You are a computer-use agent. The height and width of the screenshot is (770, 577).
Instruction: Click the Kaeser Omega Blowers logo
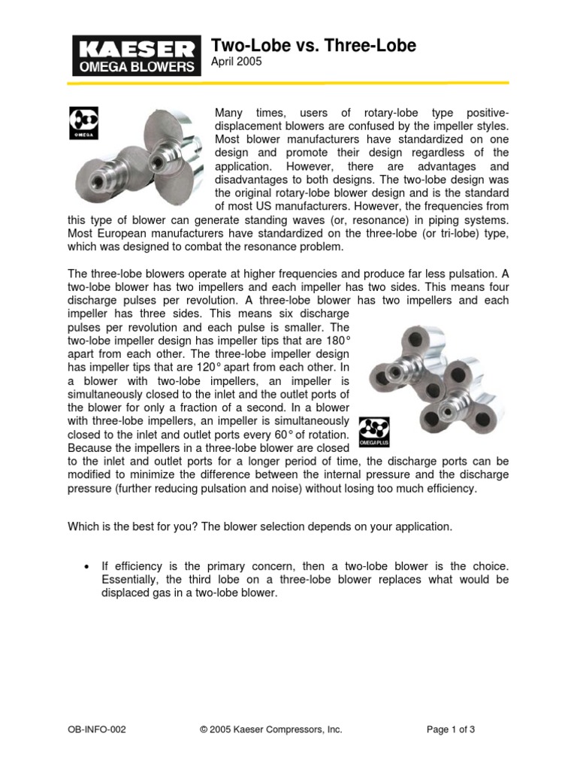pos(136,56)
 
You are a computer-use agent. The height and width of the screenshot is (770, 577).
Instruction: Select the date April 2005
pos(236,62)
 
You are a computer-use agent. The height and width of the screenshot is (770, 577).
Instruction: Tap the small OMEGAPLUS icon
pos(373,432)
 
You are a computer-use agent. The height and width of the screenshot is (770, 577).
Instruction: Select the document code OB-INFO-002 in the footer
pos(95,729)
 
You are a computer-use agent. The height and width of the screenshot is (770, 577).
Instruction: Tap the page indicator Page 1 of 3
pos(451,729)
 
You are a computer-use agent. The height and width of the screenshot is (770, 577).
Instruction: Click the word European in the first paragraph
pos(116,233)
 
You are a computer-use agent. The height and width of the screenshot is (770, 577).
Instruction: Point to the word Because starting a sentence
pos(89,448)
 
